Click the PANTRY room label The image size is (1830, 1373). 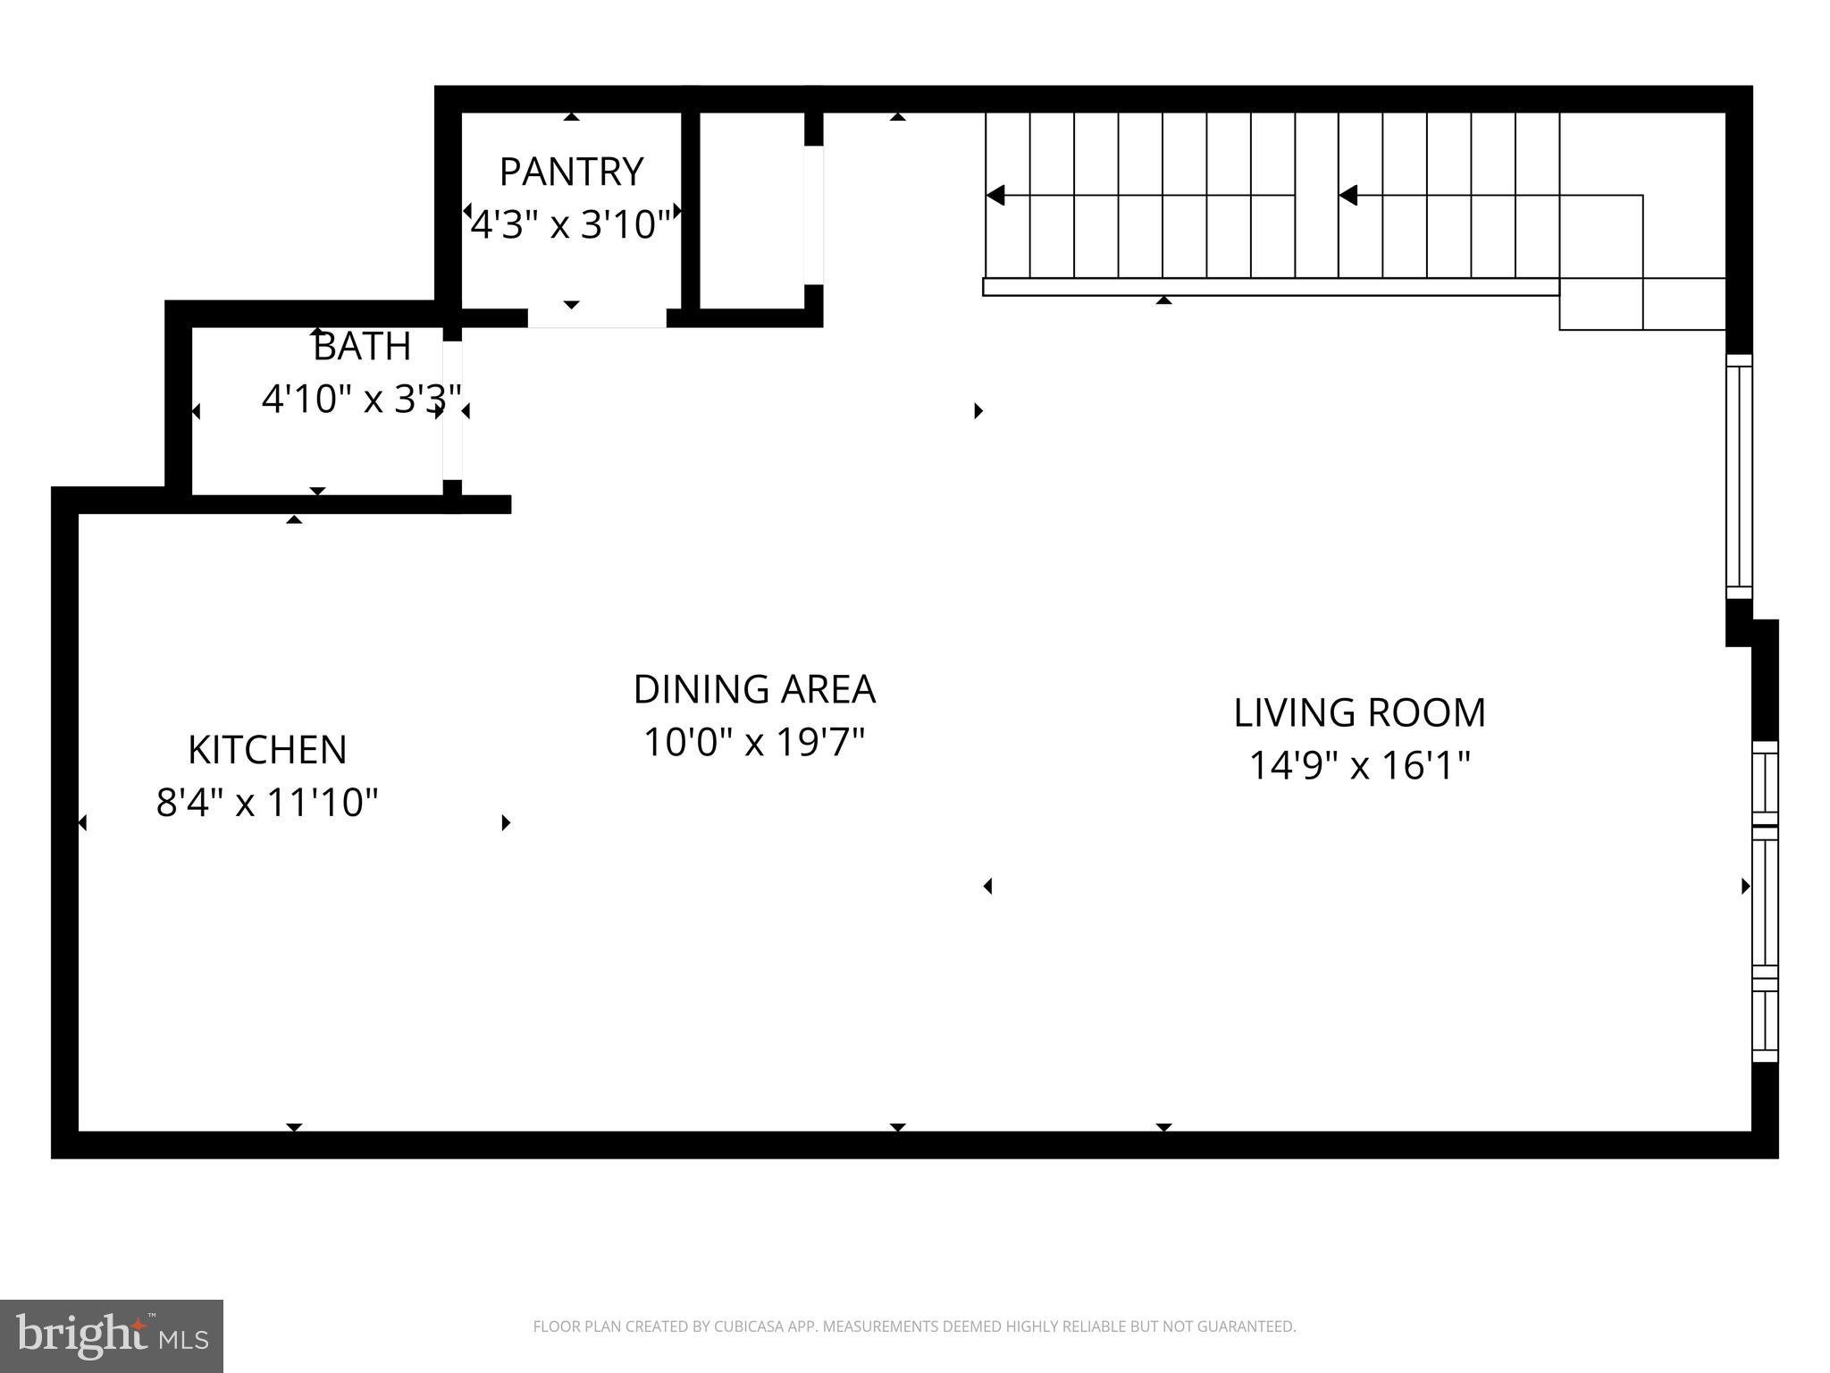(571, 172)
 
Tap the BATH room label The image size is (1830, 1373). (362, 347)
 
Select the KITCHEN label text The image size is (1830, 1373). (267, 750)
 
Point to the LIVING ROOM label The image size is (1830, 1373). (1359, 713)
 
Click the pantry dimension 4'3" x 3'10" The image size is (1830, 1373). (571, 224)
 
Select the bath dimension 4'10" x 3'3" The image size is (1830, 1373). (362, 399)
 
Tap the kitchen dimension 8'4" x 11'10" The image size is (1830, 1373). (267, 803)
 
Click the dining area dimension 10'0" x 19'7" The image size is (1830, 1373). (754, 742)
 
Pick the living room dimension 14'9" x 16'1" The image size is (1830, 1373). (1359, 765)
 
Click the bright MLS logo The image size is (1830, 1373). (111, 1335)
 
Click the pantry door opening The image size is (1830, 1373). (597, 319)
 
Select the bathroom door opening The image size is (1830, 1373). (453, 411)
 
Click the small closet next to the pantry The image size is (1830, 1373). (751, 210)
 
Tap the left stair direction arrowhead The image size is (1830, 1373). (995, 195)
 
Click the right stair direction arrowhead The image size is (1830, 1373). (1348, 195)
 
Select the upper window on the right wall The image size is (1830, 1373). (1739, 476)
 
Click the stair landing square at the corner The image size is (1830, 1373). (1601, 304)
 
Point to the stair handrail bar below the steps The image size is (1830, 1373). (1269, 287)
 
